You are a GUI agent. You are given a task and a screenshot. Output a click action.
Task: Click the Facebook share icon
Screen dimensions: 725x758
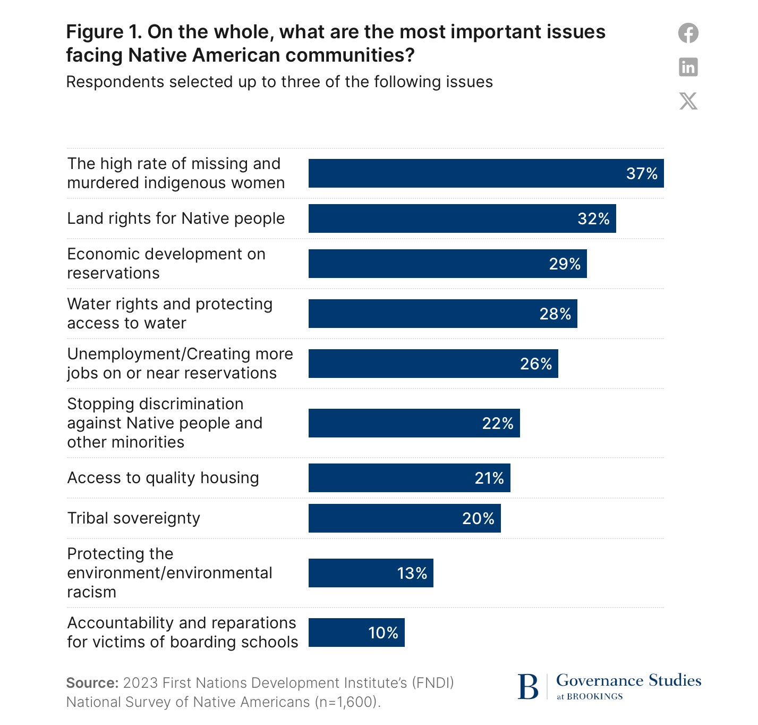click(688, 33)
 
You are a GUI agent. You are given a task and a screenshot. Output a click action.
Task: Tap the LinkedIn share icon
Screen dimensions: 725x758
click(688, 67)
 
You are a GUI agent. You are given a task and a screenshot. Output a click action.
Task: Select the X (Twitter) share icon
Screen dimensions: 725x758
click(688, 101)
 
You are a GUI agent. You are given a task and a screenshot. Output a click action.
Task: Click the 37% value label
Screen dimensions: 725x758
click(642, 174)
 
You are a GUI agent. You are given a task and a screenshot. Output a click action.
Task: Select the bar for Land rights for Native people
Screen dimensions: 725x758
click(462, 218)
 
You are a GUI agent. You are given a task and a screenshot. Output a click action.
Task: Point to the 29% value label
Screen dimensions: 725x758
click(565, 264)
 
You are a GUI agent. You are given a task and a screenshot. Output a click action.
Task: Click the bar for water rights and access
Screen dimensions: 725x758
click(442, 314)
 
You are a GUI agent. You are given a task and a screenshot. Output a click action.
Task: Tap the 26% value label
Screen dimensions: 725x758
click(536, 364)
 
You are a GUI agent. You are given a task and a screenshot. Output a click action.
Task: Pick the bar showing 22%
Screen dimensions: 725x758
click(414, 423)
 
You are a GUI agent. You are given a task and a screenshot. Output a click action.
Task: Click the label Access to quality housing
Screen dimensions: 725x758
click(163, 478)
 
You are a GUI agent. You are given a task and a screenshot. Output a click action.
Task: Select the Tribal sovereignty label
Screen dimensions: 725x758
click(134, 518)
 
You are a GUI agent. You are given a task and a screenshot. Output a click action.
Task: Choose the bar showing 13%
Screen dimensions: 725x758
click(371, 573)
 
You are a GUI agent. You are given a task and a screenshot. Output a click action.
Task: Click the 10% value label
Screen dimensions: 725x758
click(383, 633)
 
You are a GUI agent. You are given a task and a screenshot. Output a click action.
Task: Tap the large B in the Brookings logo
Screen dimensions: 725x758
click(528, 687)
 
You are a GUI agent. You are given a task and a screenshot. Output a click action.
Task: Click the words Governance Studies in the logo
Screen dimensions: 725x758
click(628, 680)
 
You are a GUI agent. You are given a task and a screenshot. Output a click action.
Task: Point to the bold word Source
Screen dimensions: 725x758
click(92, 683)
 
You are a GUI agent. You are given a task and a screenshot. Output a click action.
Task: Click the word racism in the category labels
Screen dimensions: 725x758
click(91, 592)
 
